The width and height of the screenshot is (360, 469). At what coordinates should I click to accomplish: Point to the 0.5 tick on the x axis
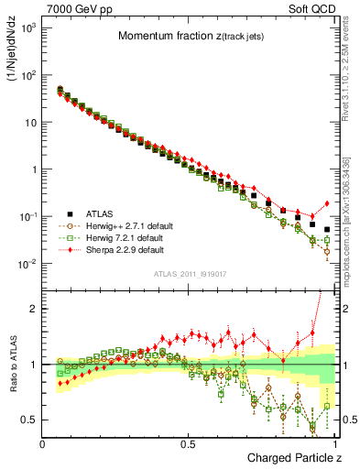tap(188, 443)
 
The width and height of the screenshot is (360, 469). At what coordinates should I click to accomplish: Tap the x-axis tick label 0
tap(43, 443)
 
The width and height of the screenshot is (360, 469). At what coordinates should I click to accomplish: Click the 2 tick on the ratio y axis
tap(34, 309)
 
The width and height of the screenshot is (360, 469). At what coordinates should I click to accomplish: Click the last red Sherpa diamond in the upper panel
tap(327, 203)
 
